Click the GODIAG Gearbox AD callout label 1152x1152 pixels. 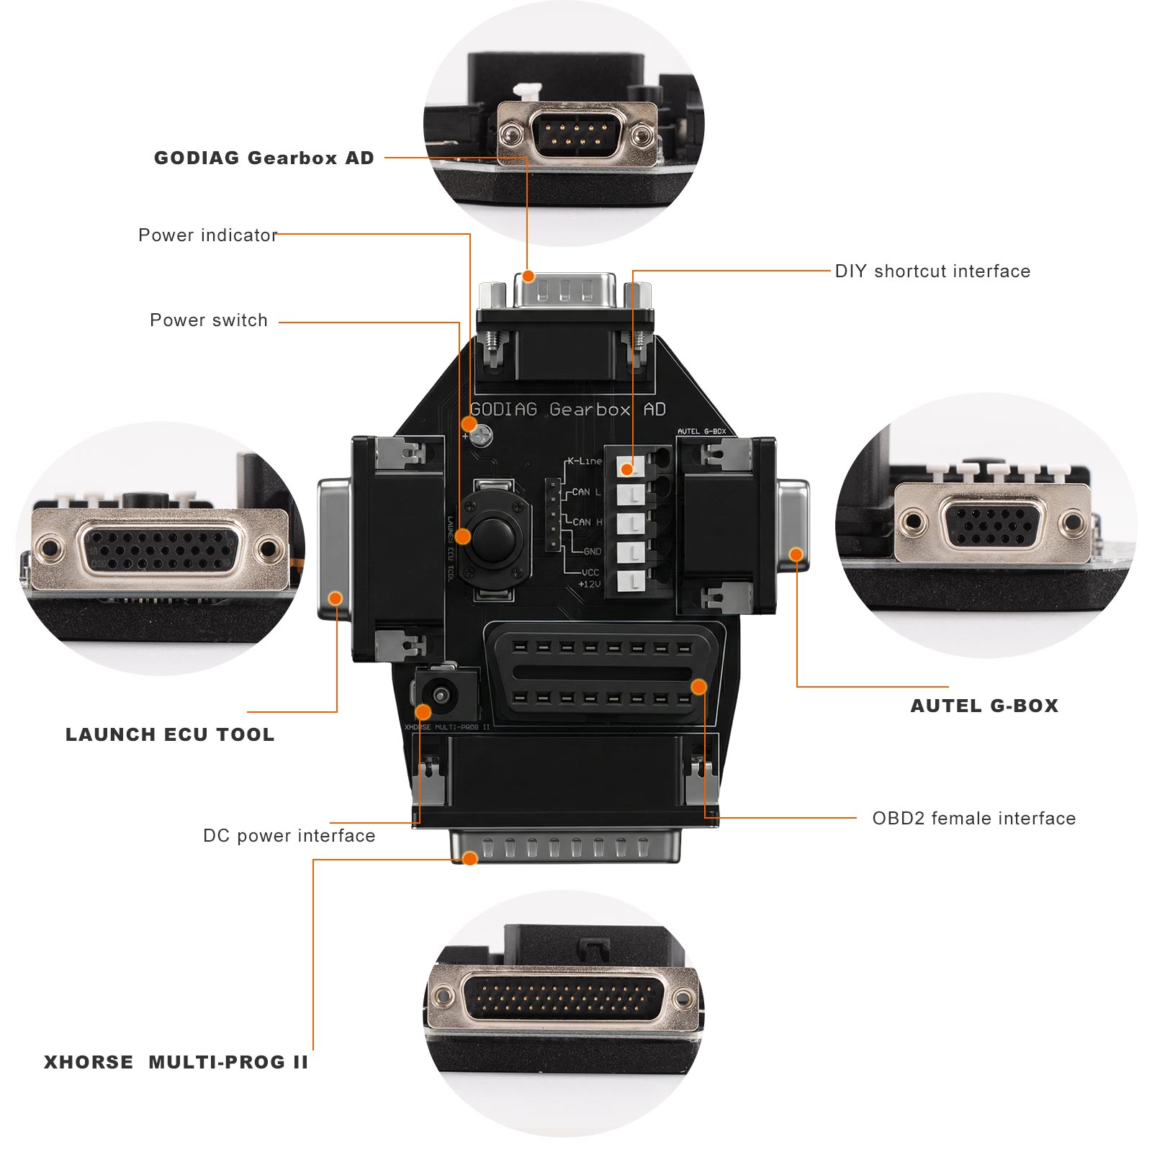264,158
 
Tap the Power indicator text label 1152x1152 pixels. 207,235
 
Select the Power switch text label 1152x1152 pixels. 208,320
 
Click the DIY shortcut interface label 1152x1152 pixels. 932,271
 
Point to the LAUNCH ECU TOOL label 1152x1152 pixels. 170,735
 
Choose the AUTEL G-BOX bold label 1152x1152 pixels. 984,706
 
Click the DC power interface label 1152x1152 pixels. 289,836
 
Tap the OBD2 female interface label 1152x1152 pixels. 973,819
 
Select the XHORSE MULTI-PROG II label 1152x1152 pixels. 176,1063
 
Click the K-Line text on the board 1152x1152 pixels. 584,461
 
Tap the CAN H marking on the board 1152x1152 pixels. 588,522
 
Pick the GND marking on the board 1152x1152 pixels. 592,552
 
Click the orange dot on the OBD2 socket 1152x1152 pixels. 698,687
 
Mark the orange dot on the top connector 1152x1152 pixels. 528,276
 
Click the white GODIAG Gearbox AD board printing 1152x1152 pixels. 567,410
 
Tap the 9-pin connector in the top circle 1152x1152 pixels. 576,134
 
